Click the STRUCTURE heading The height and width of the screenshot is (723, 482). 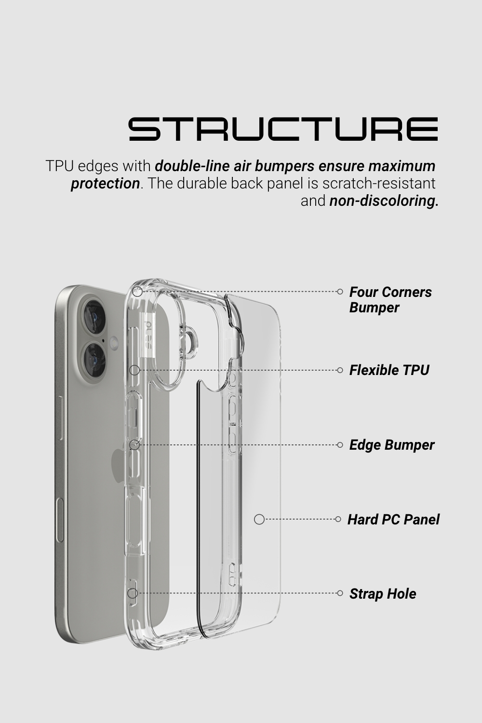click(283, 129)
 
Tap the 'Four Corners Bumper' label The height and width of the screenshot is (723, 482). click(390, 299)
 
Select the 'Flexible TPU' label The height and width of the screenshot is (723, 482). click(389, 370)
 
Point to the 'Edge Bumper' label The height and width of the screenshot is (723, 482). click(392, 445)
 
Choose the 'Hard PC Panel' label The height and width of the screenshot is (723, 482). click(393, 520)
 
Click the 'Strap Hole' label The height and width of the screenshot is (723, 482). click(383, 594)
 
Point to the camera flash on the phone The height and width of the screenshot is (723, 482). click(114, 342)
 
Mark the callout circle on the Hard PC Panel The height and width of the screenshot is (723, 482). click(259, 519)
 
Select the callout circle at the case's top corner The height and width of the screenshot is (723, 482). click(137, 292)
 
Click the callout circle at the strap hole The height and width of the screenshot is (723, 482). click(133, 593)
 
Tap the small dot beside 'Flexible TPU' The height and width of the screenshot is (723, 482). click(340, 370)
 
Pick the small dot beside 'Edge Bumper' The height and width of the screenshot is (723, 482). click(340, 445)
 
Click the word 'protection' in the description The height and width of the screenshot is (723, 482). click(105, 184)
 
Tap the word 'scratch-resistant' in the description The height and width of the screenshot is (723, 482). click(379, 183)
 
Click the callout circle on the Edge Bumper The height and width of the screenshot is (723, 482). click(134, 445)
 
